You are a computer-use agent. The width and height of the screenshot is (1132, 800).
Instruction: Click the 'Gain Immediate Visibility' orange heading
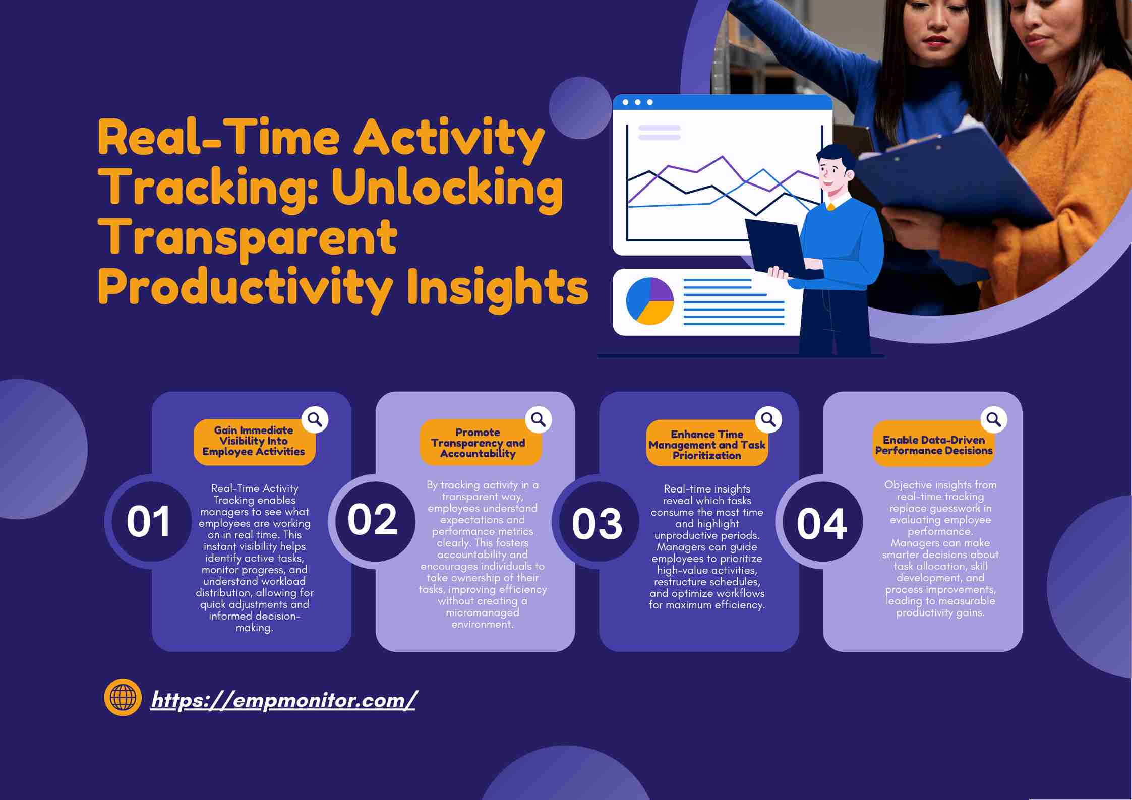(254, 442)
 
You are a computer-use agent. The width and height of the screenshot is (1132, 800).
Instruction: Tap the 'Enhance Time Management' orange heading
(707, 444)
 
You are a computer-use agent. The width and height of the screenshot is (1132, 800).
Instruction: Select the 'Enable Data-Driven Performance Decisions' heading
(934, 445)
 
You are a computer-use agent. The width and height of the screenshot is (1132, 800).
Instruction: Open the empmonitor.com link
(283, 700)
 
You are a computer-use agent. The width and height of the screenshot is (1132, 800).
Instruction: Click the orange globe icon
(123, 697)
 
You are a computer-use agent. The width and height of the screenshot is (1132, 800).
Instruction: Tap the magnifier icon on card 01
(315, 419)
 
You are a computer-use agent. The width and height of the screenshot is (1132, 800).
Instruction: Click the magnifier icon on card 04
(994, 419)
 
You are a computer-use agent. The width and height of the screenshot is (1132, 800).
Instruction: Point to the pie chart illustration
(650, 301)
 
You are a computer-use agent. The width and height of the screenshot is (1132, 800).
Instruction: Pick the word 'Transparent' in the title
(250, 236)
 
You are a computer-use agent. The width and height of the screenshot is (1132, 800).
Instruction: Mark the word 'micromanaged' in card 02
(483, 612)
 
